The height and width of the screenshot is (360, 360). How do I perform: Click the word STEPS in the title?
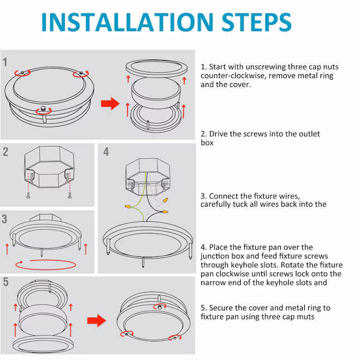click(256, 22)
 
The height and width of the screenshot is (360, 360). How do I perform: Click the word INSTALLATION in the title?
click(128, 22)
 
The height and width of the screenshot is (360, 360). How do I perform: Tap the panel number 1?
click(5, 62)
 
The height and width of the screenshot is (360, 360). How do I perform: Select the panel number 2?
click(6, 152)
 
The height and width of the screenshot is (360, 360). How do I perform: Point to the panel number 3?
click(4, 219)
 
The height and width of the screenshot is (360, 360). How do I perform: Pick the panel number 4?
click(106, 152)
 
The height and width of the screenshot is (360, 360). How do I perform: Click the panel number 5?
click(6, 282)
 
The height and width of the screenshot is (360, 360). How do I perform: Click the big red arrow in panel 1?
click(110, 104)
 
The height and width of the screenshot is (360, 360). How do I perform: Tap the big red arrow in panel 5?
click(96, 320)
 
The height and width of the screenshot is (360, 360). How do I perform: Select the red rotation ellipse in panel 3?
click(46, 265)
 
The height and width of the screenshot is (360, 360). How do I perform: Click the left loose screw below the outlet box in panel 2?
click(28, 196)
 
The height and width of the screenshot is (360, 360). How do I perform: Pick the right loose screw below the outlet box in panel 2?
click(70, 196)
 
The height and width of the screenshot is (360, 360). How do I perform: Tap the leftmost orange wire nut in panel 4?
click(128, 207)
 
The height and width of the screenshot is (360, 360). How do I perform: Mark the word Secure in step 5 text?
click(221, 308)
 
